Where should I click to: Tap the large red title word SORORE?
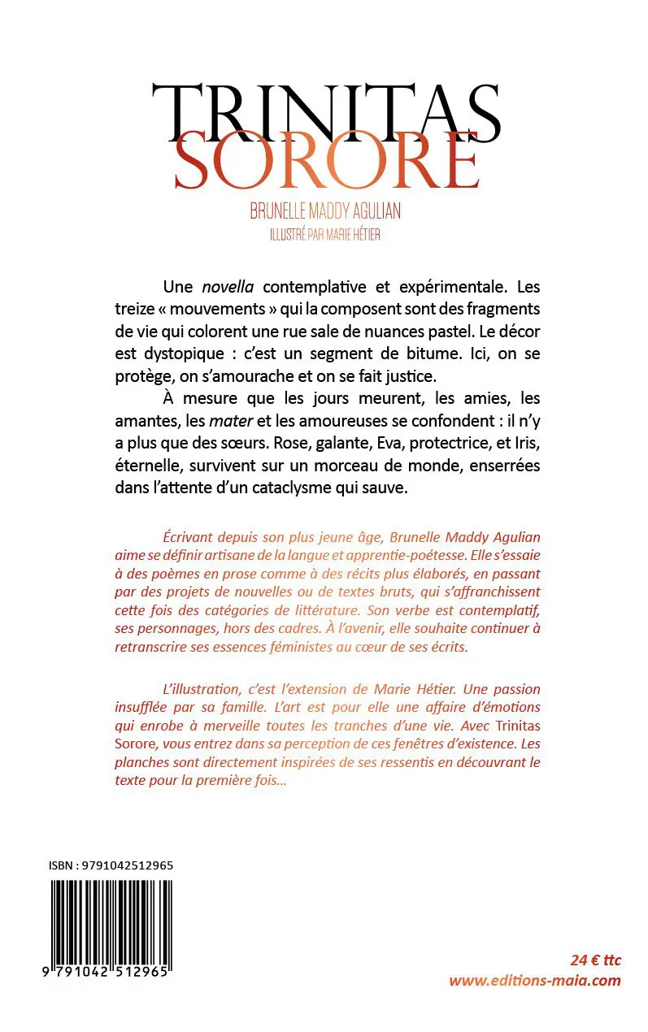[x=325, y=163]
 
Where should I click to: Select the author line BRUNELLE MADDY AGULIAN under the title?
[x=325, y=212]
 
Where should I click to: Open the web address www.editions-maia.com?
[x=535, y=980]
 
